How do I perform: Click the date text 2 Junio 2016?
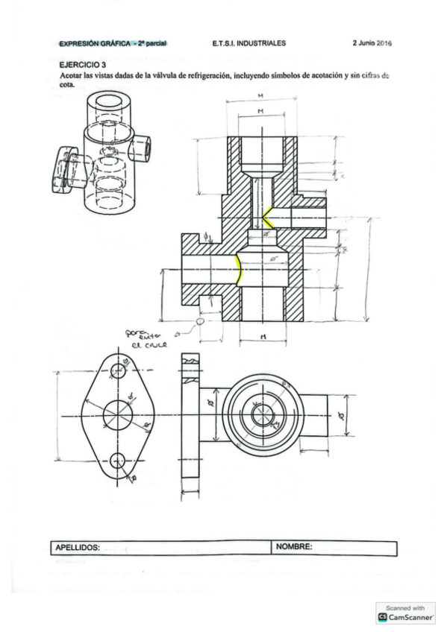pos(372,43)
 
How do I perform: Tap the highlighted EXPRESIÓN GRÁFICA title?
pos(113,43)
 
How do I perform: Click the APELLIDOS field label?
pos(78,548)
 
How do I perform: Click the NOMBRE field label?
pos(294,547)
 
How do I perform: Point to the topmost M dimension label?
pos(259,96)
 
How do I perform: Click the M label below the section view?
pos(263,337)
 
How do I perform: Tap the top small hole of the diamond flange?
pos(116,370)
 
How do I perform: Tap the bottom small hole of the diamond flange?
pos(116,459)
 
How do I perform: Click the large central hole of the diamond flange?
pos(116,414)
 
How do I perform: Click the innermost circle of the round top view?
pos(261,415)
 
